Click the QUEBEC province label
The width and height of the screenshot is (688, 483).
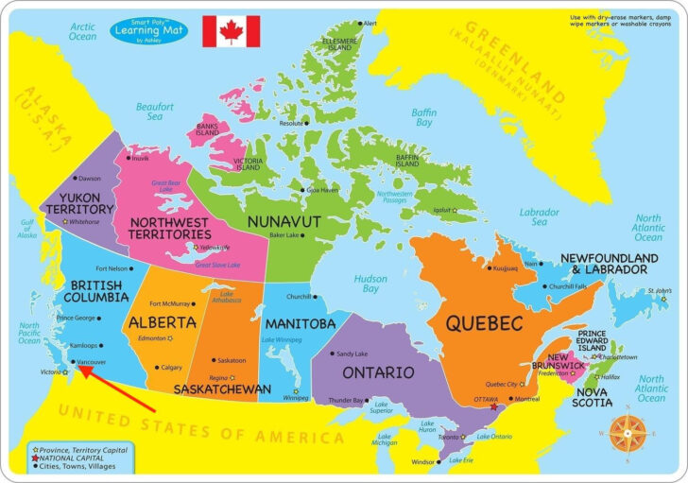tap(485, 324)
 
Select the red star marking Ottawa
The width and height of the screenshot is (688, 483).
tap(493, 406)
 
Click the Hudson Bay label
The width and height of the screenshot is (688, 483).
tap(370, 284)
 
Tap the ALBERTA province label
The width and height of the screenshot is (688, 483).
tap(162, 322)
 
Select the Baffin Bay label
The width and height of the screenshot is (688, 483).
tap(423, 117)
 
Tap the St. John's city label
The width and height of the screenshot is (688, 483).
tap(659, 290)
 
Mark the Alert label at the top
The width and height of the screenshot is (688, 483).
tap(370, 23)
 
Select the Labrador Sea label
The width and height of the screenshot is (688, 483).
tap(539, 217)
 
